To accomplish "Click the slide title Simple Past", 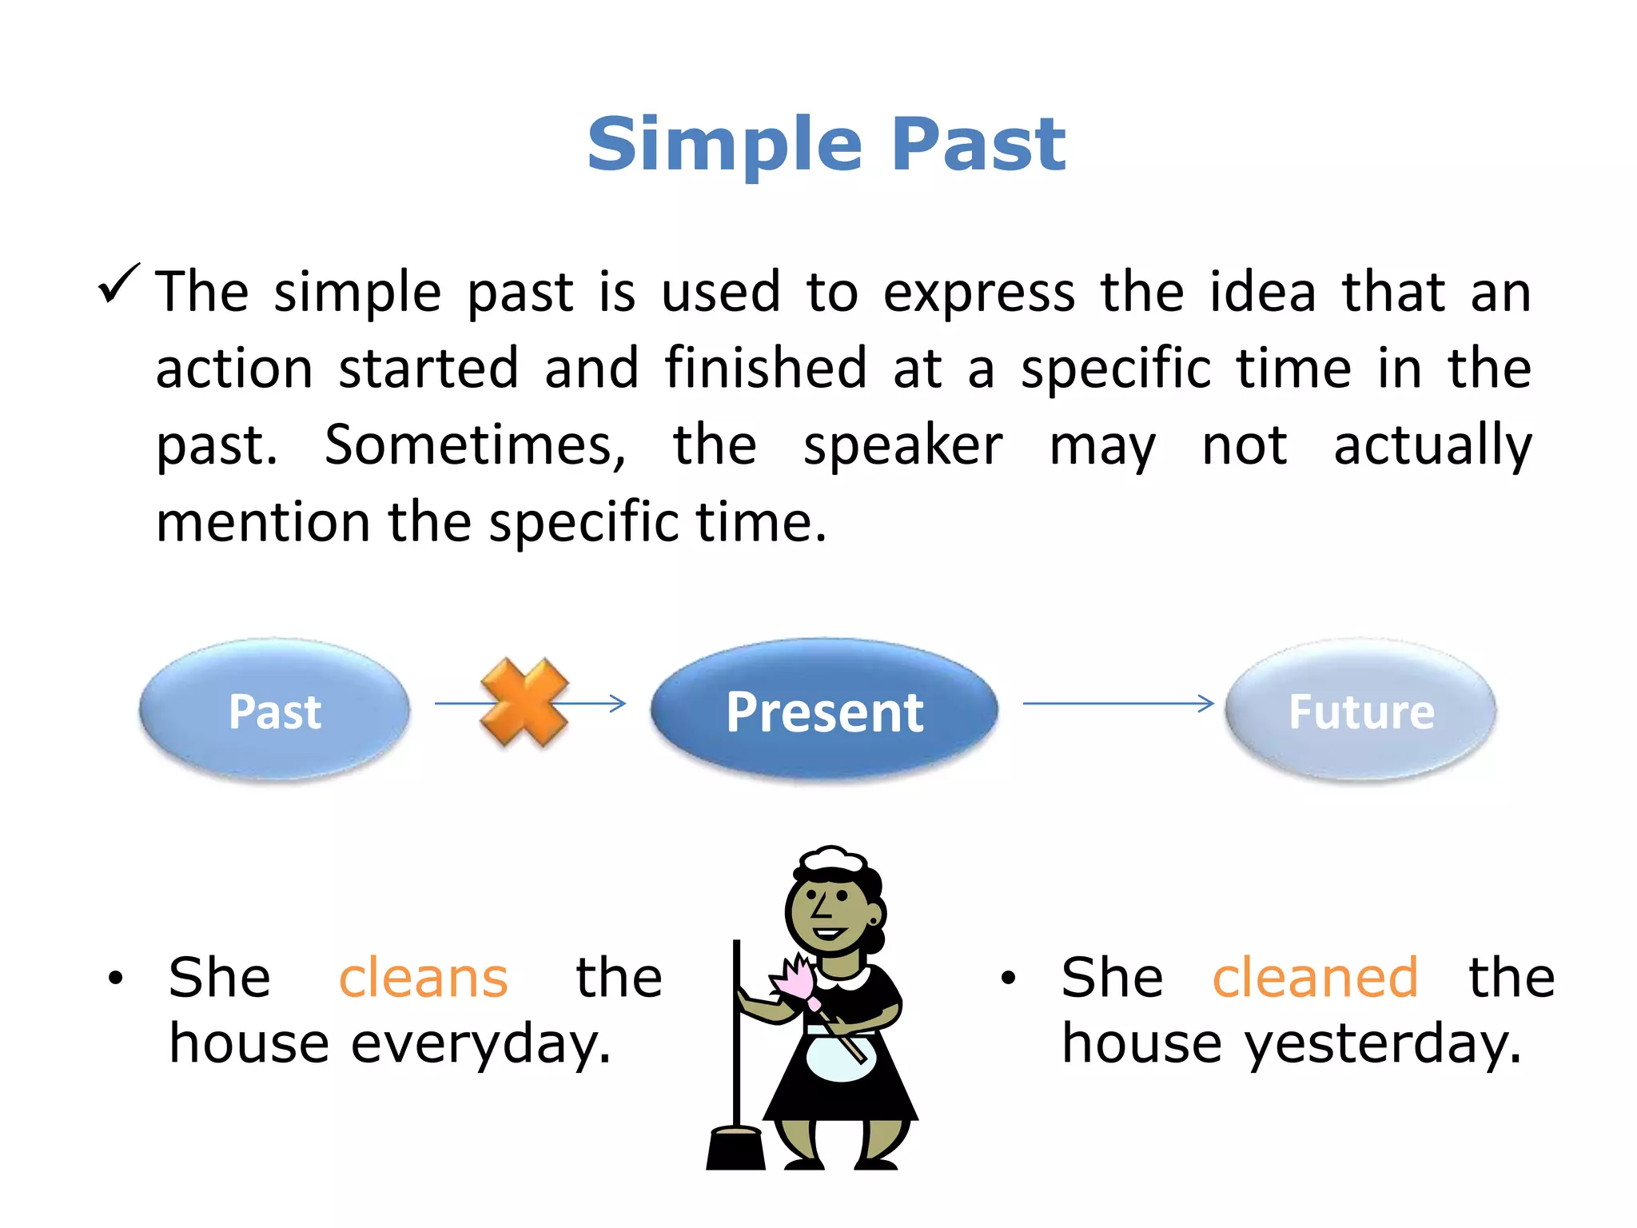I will pyautogui.click(x=826, y=144).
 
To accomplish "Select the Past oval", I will pyautogui.click(x=274, y=710).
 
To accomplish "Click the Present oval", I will pyautogui.click(x=824, y=710).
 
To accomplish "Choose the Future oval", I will pyautogui.click(x=1360, y=710).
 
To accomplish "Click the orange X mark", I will pyautogui.click(x=524, y=703).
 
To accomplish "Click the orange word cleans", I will pyautogui.click(x=423, y=978).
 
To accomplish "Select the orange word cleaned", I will pyautogui.click(x=1315, y=978).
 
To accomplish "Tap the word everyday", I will pyautogui.click(x=480, y=1044).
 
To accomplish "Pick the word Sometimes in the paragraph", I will pyautogui.click(x=475, y=445).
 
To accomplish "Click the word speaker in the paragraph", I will pyautogui.click(x=902, y=445).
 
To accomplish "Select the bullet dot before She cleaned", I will pyautogui.click(x=1008, y=978).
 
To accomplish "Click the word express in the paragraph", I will pyautogui.click(x=978, y=293).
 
